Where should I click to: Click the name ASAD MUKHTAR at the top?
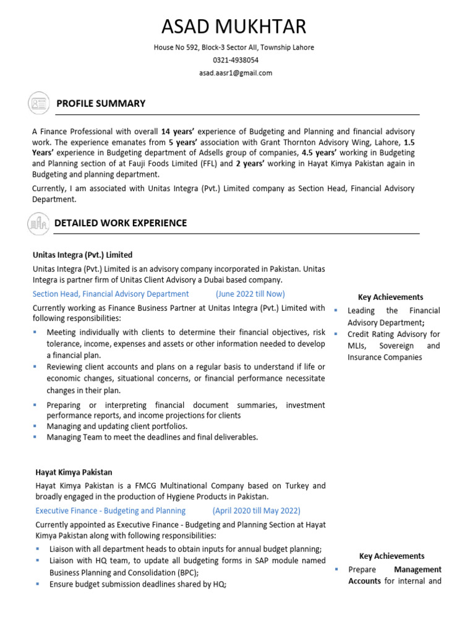pos(234,27)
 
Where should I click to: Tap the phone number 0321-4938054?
pos(235,60)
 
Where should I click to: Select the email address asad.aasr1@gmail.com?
pos(235,73)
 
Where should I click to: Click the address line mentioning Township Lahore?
pos(234,47)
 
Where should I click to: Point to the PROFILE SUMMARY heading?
pos(101,103)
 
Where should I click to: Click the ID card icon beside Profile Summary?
pos(38,103)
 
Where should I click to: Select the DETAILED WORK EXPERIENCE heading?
pos(121,223)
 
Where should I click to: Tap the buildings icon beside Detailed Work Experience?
pos(38,223)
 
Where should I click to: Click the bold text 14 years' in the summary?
pos(178,132)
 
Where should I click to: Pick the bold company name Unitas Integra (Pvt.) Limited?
pos(82,255)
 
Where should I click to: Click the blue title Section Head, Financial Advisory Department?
pos(111,294)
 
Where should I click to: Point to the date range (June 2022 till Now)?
pos(250,294)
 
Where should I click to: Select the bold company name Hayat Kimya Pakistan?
pos(74,472)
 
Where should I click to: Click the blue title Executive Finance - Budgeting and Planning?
pos(110,511)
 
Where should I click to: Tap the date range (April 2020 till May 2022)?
pos(257,511)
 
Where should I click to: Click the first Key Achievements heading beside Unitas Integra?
pos(391,297)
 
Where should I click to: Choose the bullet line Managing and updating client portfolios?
pos(117,426)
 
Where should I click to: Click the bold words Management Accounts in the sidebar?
pos(396,575)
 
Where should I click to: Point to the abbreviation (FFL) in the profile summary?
pos(208,163)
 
